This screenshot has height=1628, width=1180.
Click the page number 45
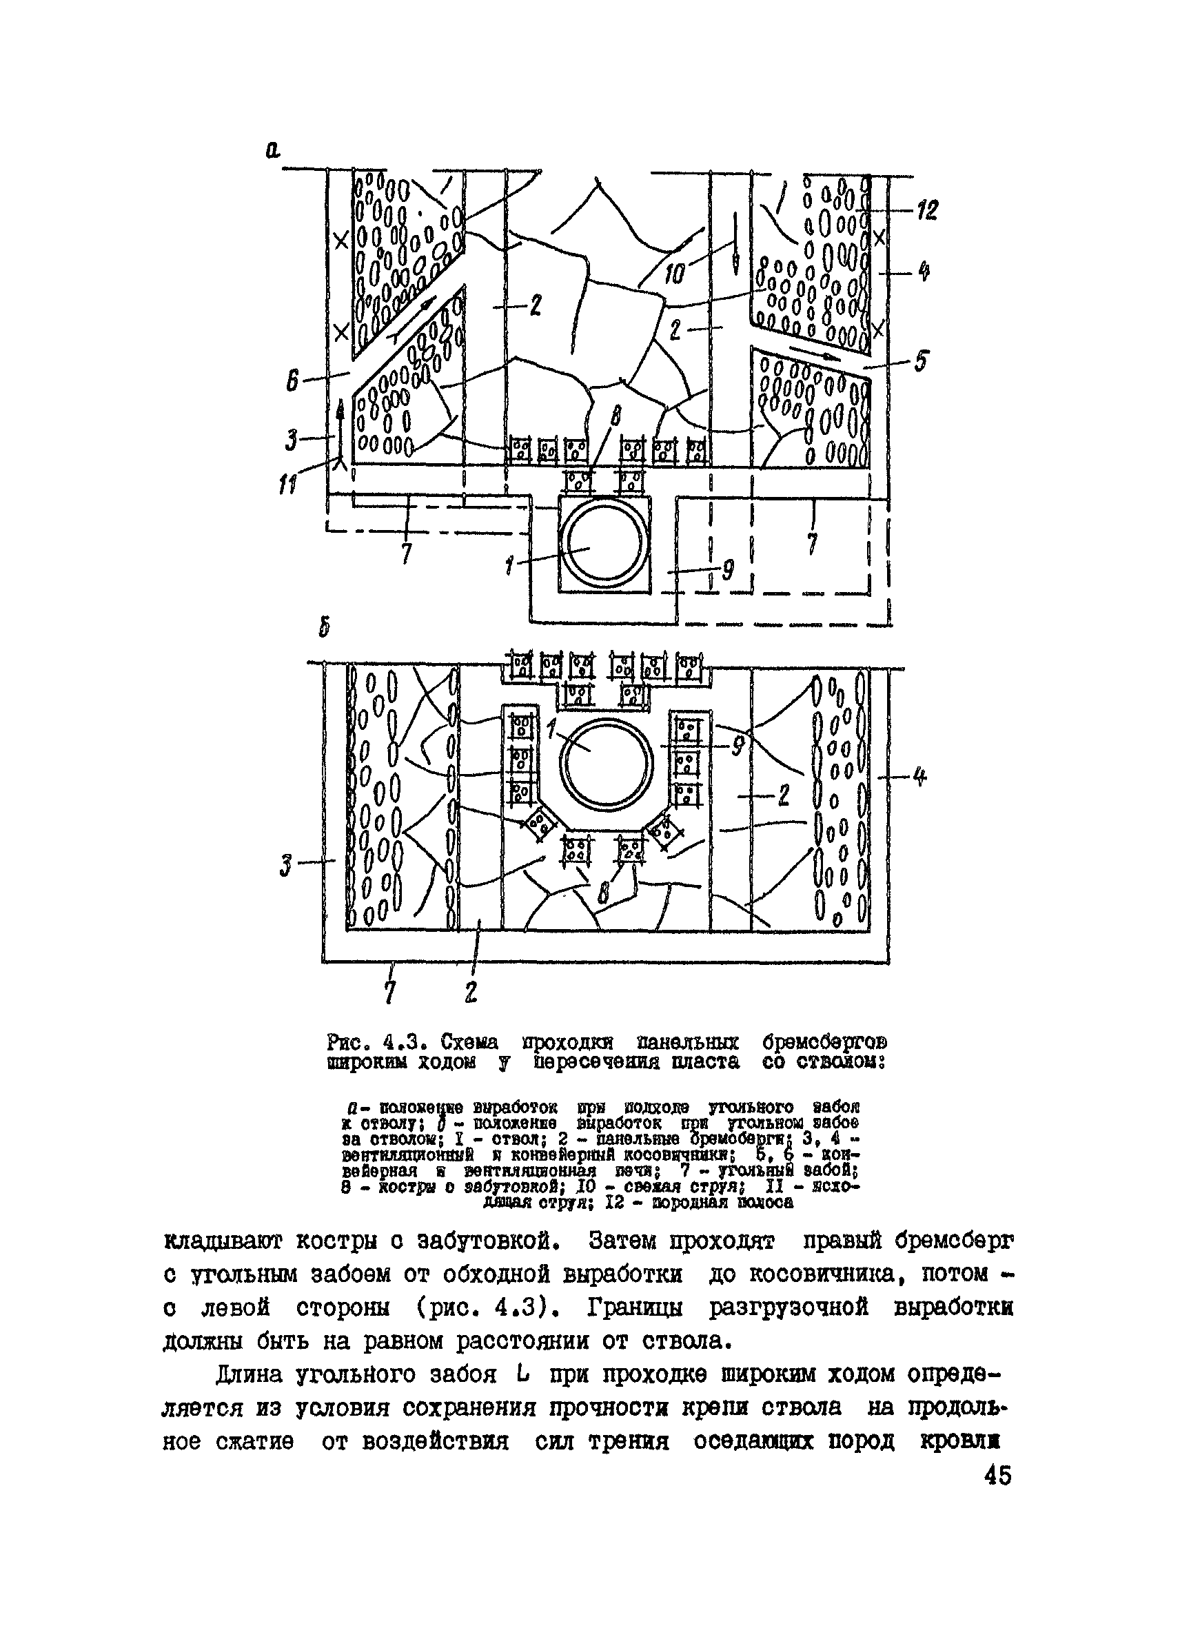pos(997,1476)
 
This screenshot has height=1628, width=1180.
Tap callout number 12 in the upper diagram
pos(926,211)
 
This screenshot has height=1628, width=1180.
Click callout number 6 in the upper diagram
pos(292,380)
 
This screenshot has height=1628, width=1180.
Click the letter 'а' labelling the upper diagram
pos(273,150)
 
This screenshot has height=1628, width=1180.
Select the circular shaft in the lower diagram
pos(607,762)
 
